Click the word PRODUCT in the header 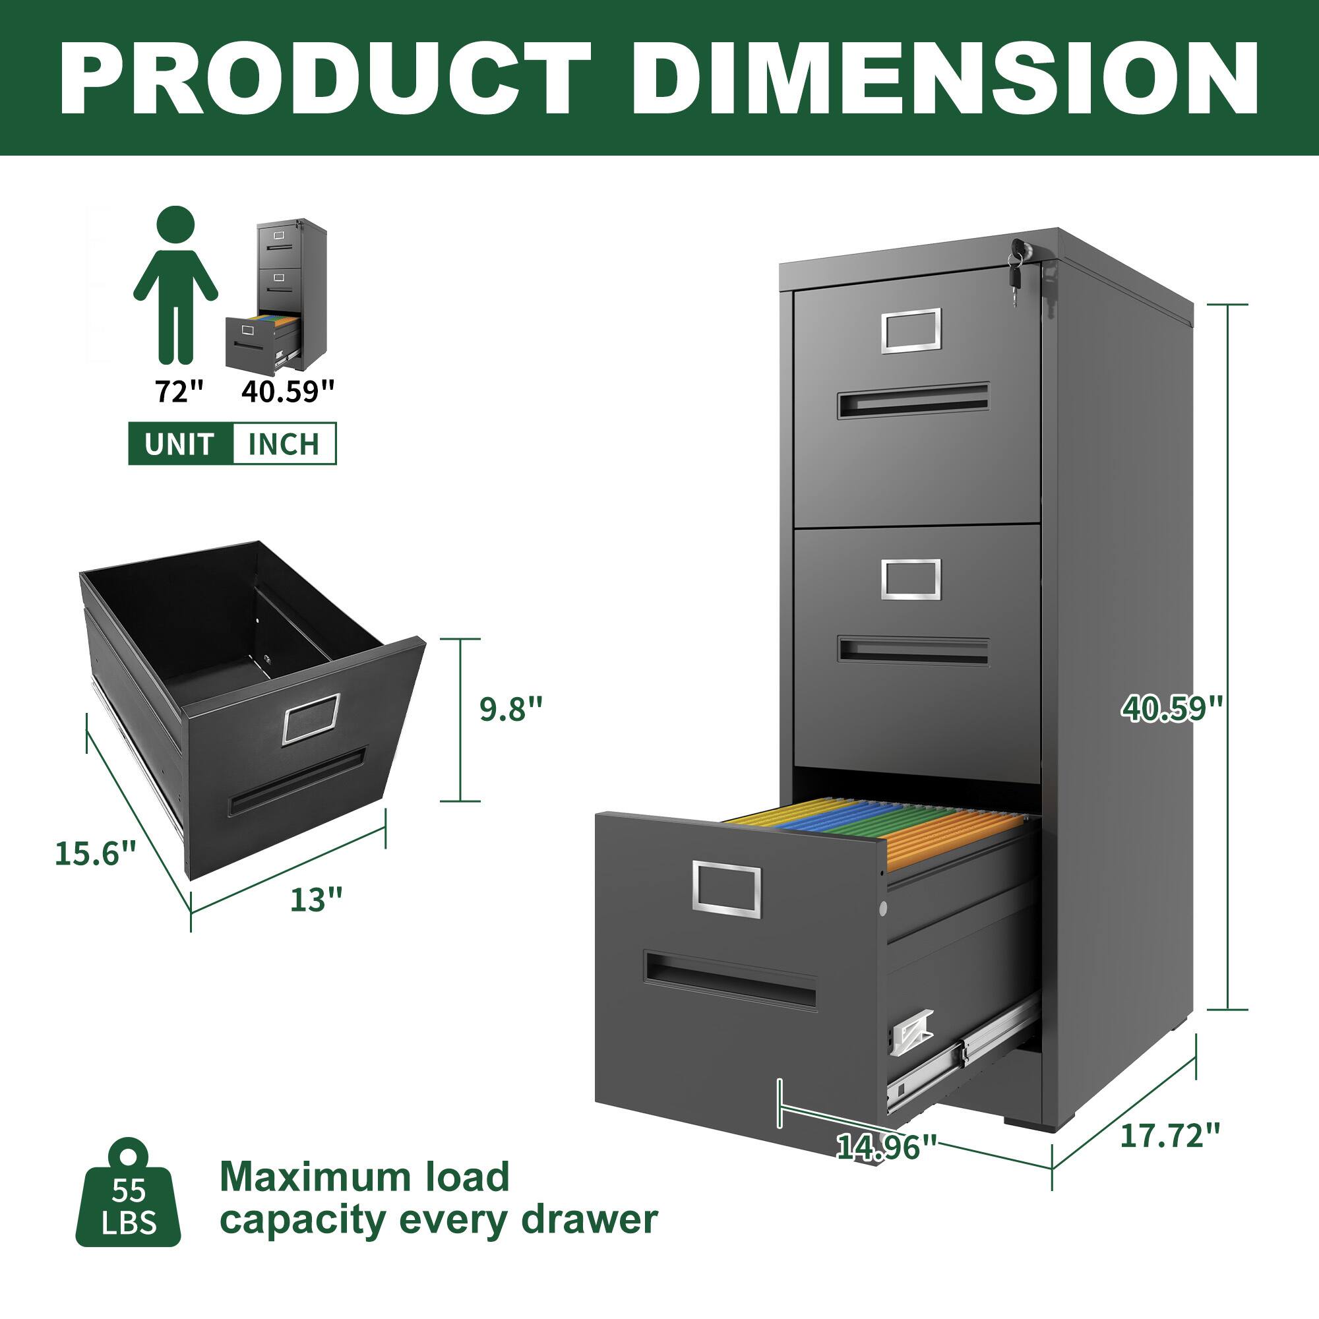click(325, 79)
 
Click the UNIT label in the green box click(179, 444)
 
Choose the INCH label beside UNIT click(284, 444)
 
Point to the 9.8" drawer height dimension click(510, 710)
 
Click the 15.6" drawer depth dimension click(96, 853)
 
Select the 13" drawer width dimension click(315, 900)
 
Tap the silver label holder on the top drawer click(911, 331)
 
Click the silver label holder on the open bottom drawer click(726, 888)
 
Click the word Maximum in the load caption click(311, 1177)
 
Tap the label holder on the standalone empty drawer click(311, 718)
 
